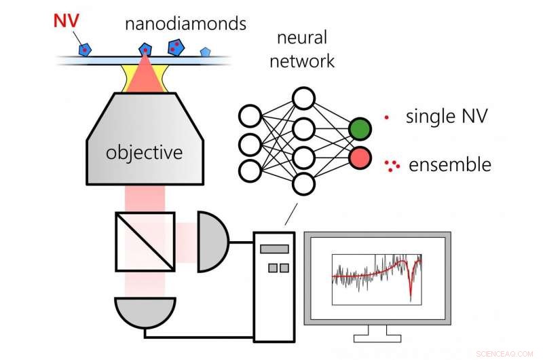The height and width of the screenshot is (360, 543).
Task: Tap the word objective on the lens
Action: [x=144, y=152]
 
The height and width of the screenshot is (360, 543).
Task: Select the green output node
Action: [x=360, y=129]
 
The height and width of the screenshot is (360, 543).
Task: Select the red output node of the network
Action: [x=360, y=158]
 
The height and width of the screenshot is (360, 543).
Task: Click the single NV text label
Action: [x=446, y=116]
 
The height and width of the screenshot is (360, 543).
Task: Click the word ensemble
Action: [x=449, y=164]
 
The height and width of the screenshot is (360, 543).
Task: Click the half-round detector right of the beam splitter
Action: [x=212, y=241]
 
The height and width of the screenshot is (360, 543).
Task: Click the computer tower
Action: [x=274, y=285]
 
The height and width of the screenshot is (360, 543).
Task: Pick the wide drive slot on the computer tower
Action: [x=274, y=249]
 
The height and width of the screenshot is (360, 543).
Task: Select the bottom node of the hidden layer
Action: [x=303, y=183]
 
